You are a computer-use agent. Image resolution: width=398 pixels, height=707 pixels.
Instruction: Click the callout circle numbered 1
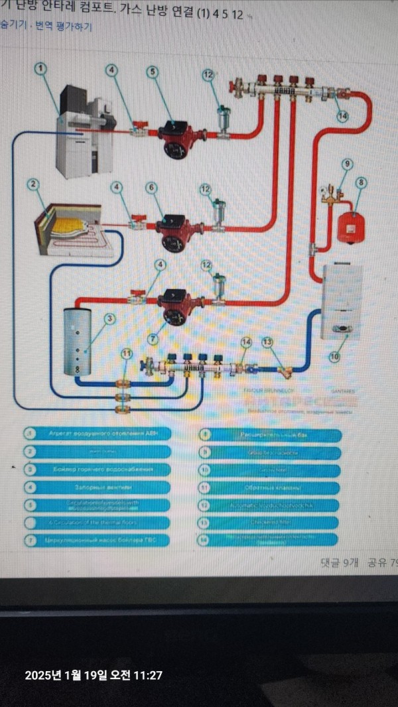41,68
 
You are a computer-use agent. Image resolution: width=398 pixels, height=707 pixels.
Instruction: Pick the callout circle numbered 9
346,164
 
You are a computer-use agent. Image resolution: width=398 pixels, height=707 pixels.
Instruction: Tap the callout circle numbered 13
267,342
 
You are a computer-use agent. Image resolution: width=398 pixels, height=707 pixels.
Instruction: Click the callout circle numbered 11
127,354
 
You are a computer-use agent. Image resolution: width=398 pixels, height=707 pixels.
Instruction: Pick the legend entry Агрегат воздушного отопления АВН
99,434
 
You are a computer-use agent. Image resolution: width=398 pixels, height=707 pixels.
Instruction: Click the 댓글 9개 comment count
339,562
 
